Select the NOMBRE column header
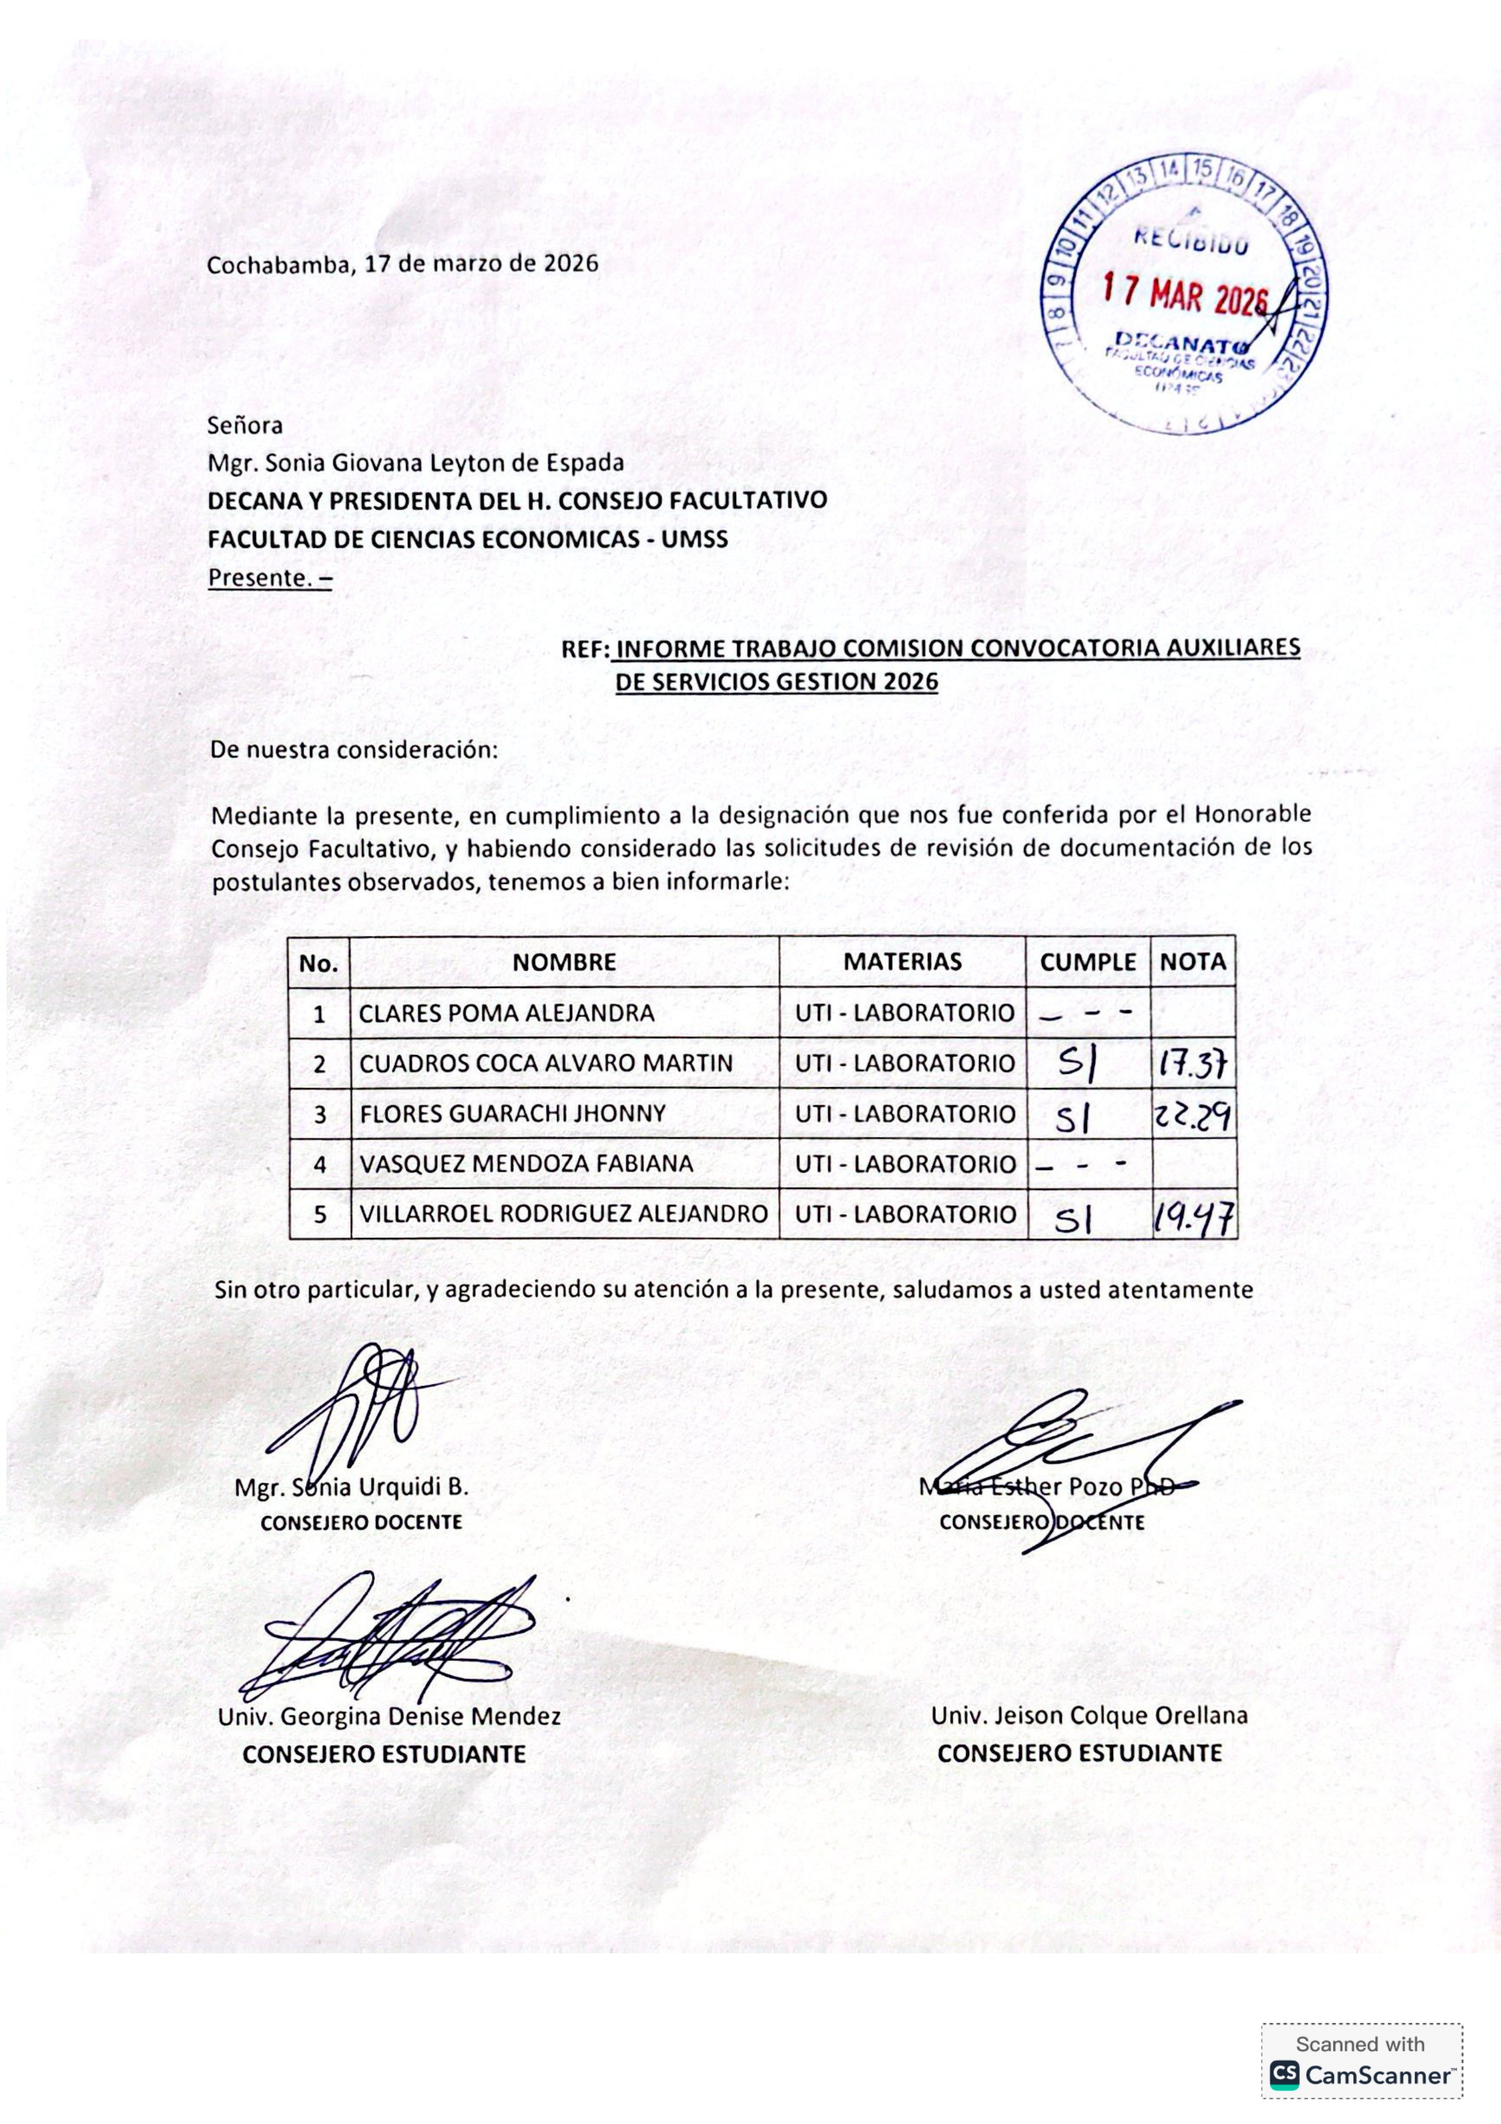pyautogui.click(x=564, y=962)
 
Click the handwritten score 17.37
pyautogui.click(x=1193, y=1066)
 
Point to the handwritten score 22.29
pyautogui.click(x=1193, y=1117)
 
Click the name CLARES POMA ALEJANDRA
pyautogui.click(x=506, y=1013)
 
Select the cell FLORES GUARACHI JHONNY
pyautogui.click(x=513, y=1114)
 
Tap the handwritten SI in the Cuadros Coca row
pyautogui.click(x=1077, y=1067)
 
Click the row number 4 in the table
pyautogui.click(x=320, y=1165)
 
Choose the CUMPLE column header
pyautogui.click(x=1088, y=962)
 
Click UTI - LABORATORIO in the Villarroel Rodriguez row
pyautogui.click(x=904, y=1215)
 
